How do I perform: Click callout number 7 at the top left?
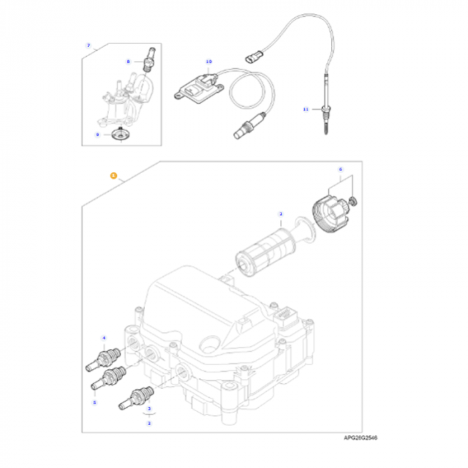coord(88,45)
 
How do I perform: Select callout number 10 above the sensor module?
coord(209,62)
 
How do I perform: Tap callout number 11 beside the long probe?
coord(305,108)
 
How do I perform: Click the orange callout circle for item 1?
coord(114,177)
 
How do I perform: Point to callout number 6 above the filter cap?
coord(340,170)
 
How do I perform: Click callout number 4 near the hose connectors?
coord(104,338)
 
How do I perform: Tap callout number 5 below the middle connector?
coord(94,402)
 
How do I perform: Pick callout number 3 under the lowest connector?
coord(149,408)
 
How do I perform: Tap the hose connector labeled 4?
coord(104,357)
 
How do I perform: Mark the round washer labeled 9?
coord(120,136)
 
